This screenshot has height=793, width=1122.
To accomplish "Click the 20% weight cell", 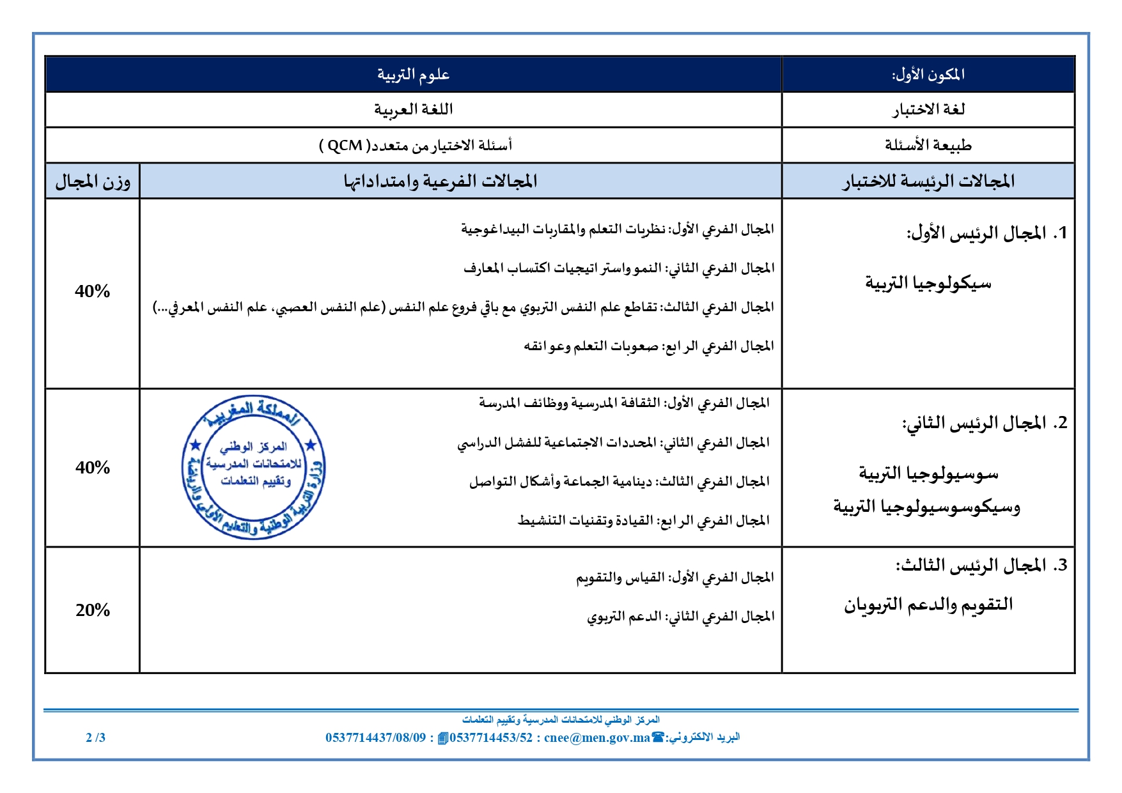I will click(93, 610).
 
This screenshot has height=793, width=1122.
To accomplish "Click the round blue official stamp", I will click(253, 467).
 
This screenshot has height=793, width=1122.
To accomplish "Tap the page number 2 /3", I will click(95, 737).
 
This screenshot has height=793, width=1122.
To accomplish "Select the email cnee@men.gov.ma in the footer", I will click(596, 737).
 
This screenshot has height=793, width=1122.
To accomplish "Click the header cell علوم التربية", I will click(413, 75).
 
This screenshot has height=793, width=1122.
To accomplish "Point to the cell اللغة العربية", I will click(413, 109).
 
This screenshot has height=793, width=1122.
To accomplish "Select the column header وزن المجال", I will click(93, 181).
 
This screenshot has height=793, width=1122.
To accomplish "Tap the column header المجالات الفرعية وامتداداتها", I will click(440, 181).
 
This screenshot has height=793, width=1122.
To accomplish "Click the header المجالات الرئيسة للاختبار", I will click(928, 181).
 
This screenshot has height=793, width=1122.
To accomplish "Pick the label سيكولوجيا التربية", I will click(928, 282).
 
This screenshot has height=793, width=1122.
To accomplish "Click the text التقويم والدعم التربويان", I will click(928, 604).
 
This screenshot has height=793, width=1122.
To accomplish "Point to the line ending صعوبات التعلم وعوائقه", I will click(648, 346).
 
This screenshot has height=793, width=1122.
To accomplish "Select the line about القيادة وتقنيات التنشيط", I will click(643, 521).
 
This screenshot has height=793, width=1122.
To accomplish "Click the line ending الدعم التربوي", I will click(680, 617).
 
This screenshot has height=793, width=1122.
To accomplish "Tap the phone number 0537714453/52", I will click(491, 737).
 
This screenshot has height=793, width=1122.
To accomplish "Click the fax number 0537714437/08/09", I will click(375, 737).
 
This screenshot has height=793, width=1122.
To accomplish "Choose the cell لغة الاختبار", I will click(928, 110).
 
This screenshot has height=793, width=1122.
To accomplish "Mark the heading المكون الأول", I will click(928, 75).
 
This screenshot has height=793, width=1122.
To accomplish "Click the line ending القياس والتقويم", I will click(674, 578).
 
